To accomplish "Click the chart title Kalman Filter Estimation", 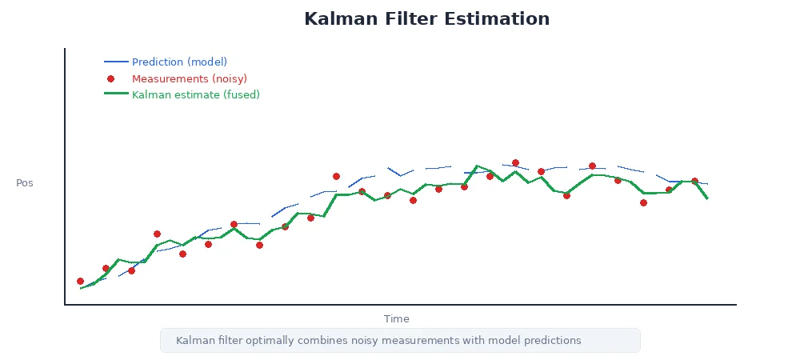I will click(x=426, y=19).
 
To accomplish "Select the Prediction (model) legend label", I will click(x=179, y=62).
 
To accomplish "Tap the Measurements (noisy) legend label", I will click(x=189, y=78).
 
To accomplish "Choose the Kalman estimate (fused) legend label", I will click(x=195, y=94).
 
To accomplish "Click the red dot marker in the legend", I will click(x=111, y=78).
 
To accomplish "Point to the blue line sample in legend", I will click(x=116, y=62).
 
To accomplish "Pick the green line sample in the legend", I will click(x=116, y=94).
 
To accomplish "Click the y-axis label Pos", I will click(x=25, y=183).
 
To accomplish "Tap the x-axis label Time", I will click(x=396, y=318).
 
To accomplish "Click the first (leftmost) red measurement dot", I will click(x=80, y=281).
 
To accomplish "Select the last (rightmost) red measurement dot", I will click(x=694, y=182).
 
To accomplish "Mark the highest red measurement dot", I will click(x=515, y=163).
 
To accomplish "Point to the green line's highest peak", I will click(x=477, y=166).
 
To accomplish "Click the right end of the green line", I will click(x=707, y=198).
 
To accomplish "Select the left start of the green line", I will click(x=81, y=288).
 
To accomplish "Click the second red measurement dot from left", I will click(x=106, y=269).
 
